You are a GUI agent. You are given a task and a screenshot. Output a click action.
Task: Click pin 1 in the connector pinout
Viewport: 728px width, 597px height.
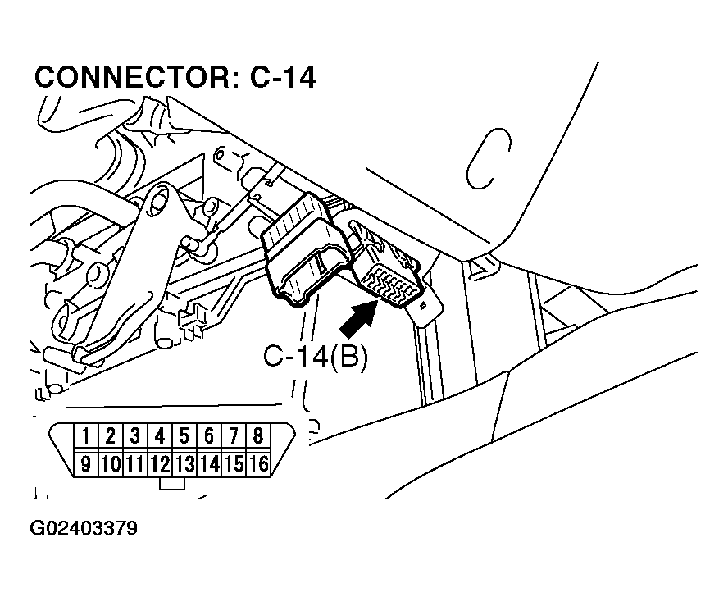pyautogui.click(x=85, y=436)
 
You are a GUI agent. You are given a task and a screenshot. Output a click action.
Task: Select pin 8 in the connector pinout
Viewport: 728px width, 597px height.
pyautogui.click(x=258, y=436)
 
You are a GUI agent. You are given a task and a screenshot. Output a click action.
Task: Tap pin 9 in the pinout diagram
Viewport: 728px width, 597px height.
pyautogui.click(x=85, y=465)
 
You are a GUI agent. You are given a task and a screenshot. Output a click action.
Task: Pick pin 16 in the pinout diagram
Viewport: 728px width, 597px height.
pyautogui.click(x=258, y=465)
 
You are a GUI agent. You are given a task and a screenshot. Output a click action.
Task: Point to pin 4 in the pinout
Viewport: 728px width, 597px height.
pyautogui.click(x=160, y=436)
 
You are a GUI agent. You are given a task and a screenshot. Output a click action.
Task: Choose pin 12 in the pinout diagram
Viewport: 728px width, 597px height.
pyautogui.click(x=160, y=465)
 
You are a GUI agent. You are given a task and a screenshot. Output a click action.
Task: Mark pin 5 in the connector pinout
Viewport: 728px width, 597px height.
pyautogui.click(x=184, y=436)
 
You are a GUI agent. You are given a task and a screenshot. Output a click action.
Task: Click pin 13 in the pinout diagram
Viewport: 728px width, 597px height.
pyautogui.click(x=184, y=465)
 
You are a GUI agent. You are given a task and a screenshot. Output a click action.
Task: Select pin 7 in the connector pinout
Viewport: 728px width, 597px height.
pyautogui.click(x=234, y=436)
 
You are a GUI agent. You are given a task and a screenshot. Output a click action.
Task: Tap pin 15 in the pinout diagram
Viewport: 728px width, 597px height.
pyautogui.click(x=234, y=465)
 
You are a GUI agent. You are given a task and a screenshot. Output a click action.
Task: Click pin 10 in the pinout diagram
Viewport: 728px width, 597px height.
pyautogui.click(x=111, y=465)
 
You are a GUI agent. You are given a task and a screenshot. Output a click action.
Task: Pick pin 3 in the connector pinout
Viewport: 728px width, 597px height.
pyautogui.click(x=135, y=436)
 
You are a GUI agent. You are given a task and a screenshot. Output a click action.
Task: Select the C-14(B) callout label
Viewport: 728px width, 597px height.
pyautogui.click(x=316, y=358)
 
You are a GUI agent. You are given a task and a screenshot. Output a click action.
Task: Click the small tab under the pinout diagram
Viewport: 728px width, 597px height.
pyautogui.click(x=171, y=485)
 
